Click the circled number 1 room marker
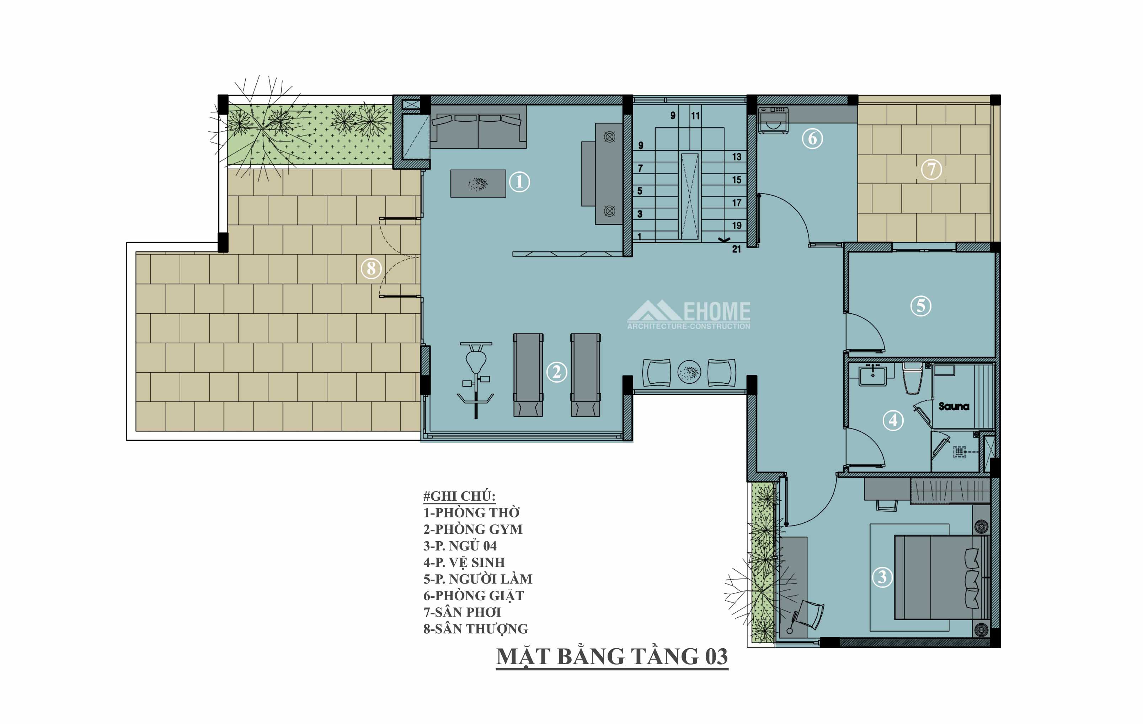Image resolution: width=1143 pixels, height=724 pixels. point(519,182)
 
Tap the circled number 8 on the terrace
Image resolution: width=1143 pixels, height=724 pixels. point(371,269)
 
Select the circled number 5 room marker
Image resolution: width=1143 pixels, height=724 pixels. point(921,306)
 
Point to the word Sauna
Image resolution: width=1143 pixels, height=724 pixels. point(954,406)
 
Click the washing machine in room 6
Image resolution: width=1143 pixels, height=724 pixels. point(773,121)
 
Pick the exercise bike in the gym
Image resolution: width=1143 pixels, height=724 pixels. point(476,380)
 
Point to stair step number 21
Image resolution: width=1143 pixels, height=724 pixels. point(736,249)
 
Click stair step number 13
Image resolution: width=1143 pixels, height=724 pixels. point(736,157)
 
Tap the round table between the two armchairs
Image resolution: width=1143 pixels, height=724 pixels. point(689,372)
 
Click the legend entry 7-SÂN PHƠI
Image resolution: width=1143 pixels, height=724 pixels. point(462,612)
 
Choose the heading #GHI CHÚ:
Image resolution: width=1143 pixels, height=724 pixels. point(459,496)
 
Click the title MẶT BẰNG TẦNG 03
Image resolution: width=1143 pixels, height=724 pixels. point(612,656)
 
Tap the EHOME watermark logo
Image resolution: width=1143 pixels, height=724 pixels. point(689,315)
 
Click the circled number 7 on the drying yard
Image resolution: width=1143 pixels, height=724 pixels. point(931,169)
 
